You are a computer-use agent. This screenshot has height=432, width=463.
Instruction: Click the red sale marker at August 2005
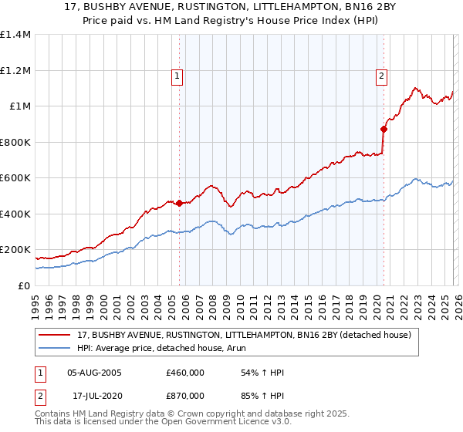point(180,204)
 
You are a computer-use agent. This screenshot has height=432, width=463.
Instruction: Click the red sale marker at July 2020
point(384,130)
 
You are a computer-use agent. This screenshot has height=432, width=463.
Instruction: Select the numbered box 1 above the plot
point(178,76)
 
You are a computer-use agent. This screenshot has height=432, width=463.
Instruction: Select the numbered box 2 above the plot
point(382,76)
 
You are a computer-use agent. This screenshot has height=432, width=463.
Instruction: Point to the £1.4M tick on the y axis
point(15,35)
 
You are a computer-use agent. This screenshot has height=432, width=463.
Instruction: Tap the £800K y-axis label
point(15,142)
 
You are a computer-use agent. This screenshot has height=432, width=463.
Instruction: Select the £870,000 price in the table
point(185,395)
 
